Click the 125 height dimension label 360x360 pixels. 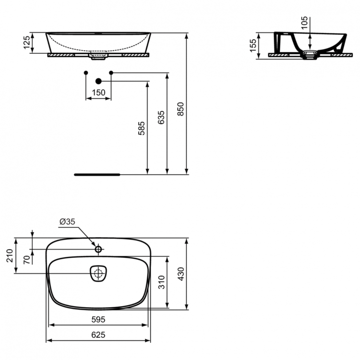pos(27,43)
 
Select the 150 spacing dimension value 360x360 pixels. pos(98,93)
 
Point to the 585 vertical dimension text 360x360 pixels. pos(141,129)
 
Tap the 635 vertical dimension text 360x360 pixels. pos(161,118)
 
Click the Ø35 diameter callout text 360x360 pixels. pos(68,221)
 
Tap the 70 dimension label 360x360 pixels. pos(27,260)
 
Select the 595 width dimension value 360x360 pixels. pos(98,319)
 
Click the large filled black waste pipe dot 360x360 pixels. pos(98,81)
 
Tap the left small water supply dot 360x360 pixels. pos(85,72)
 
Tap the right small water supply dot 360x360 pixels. pos(111,72)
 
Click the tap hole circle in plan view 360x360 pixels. pos(98,249)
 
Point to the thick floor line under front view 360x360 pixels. pos(97,174)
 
